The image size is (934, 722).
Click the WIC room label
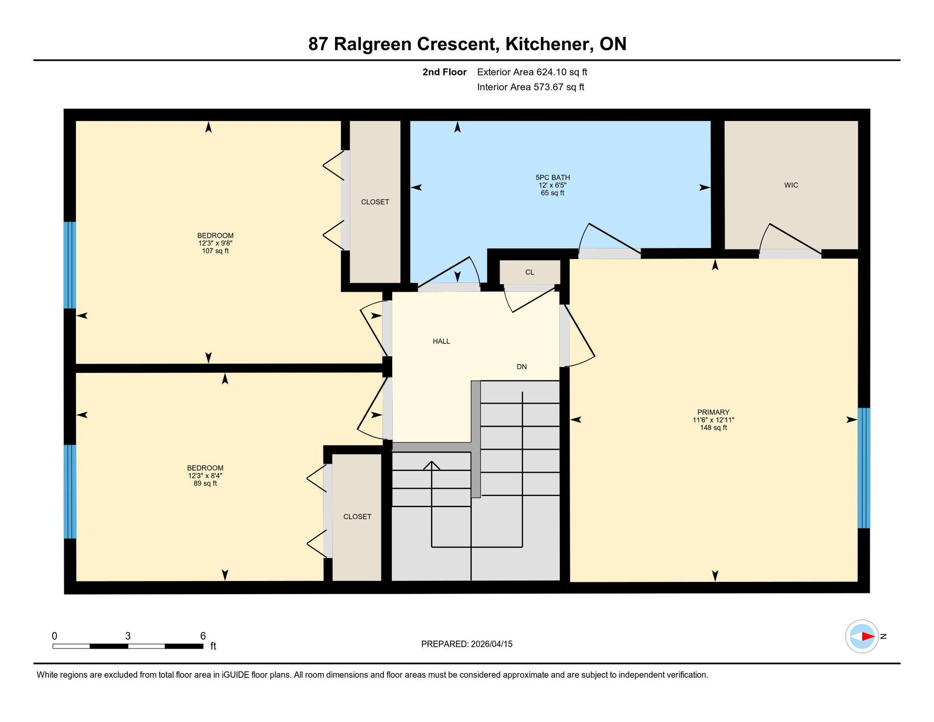click(x=791, y=185)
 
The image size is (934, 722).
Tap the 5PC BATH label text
click(x=553, y=178)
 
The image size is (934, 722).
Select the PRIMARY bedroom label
click(x=713, y=412)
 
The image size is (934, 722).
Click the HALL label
click(x=441, y=341)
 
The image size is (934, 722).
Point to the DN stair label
click(x=521, y=367)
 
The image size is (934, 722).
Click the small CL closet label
click(x=529, y=272)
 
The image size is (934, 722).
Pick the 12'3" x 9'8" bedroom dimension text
click(x=215, y=243)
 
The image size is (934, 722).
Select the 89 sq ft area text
click(x=205, y=484)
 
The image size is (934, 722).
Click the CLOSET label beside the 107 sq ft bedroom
click(x=374, y=202)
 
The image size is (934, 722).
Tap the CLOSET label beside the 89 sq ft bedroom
click(x=357, y=517)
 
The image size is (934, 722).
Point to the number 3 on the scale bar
click(x=128, y=636)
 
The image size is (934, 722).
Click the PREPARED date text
click(x=467, y=644)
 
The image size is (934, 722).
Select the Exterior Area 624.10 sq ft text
click(x=532, y=72)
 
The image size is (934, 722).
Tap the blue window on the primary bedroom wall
click(x=864, y=468)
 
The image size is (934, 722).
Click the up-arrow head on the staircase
click(x=431, y=465)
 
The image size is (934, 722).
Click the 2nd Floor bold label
click(x=444, y=72)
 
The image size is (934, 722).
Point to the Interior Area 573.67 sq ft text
click(x=530, y=87)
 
